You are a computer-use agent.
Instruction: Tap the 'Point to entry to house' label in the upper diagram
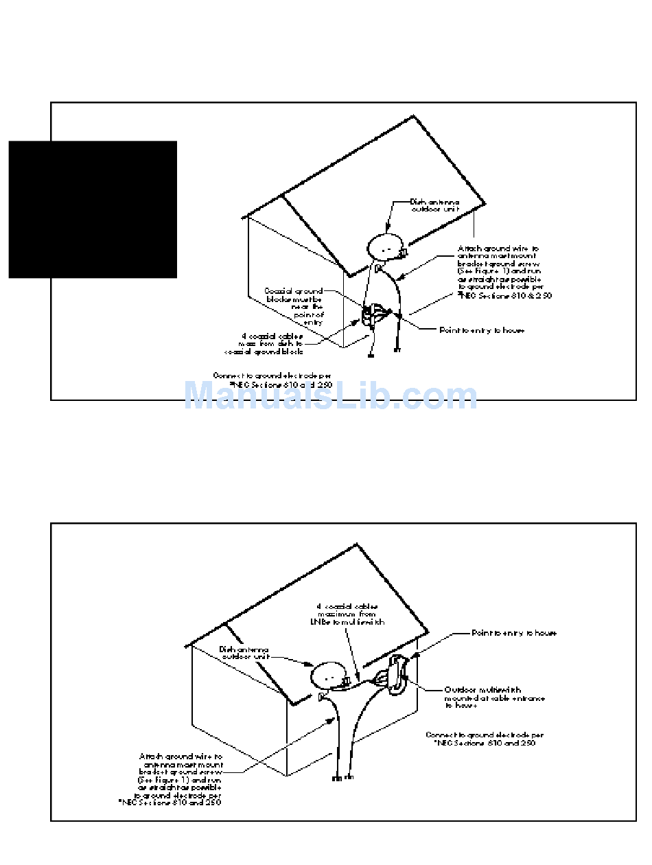coord(482,330)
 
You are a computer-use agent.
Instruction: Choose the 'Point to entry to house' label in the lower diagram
coord(514,633)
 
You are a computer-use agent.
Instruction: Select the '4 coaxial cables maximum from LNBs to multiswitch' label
coord(350,614)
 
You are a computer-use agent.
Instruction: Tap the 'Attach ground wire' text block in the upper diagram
coord(504,272)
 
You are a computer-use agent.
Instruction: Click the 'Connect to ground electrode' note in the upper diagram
coord(273,380)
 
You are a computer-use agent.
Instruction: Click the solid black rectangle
coord(93,209)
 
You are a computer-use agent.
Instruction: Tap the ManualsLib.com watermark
coord(330,396)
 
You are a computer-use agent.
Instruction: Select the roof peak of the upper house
coord(414,116)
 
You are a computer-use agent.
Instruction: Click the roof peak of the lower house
coord(357,545)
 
